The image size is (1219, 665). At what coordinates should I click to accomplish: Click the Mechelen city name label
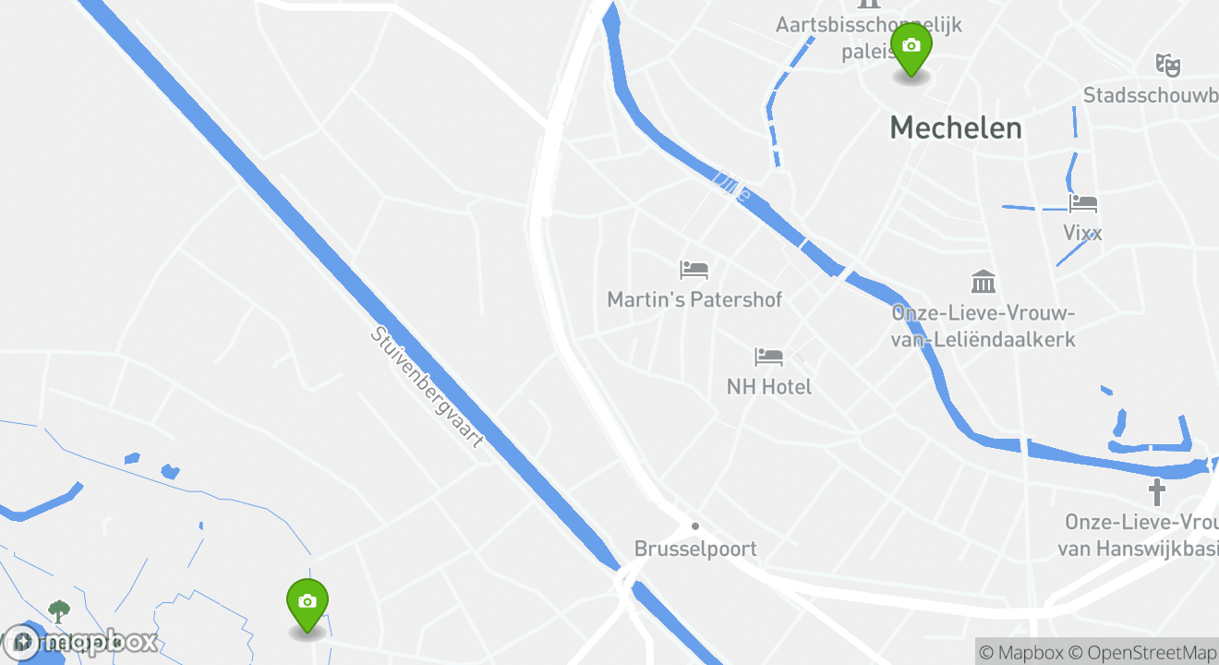[x=956, y=128]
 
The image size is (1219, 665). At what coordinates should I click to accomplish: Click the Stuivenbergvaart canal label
[x=427, y=387]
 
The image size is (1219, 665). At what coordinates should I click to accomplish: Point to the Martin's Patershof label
[x=694, y=300]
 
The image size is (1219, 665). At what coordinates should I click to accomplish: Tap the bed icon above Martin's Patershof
[x=694, y=270]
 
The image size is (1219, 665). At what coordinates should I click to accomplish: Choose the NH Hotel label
[x=769, y=387]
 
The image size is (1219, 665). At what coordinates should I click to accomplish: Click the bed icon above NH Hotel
[x=768, y=357]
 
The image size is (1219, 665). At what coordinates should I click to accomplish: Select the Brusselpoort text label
[x=695, y=549]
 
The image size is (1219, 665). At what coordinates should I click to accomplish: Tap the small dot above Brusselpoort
[x=695, y=526]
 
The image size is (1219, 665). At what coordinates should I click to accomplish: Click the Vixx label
[x=1082, y=233]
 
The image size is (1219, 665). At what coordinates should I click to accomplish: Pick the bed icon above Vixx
[x=1082, y=203]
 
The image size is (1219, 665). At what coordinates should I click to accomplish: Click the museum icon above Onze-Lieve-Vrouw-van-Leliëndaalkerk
[x=984, y=282]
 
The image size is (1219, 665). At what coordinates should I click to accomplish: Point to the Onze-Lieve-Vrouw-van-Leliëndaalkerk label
[x=984, y=326]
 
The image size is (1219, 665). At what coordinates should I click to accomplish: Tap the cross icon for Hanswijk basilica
[x=1156, y=491]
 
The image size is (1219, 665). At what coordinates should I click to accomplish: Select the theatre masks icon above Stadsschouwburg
[x=1168, y=65]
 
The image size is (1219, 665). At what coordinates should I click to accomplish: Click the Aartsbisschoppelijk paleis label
[x=868, y=37]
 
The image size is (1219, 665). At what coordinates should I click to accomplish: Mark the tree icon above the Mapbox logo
[x=59, y=611]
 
